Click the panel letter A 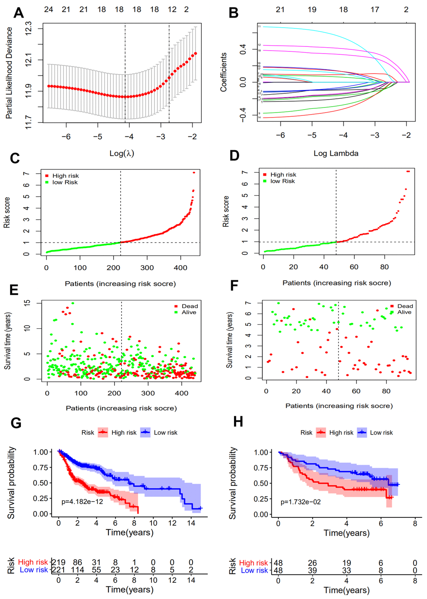coord(18,13)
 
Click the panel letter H coord(238,421)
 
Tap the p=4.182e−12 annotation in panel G coord(82,501)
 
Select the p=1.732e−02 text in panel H coord(301,502)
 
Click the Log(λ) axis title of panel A coord(122,153)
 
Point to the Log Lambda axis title coord(336,153)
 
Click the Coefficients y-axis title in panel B coord(224,72)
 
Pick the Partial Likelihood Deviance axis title coord(9,73)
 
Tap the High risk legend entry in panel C coord(65,176)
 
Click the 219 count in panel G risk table coord(59,563)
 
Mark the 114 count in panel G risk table coord(77,570)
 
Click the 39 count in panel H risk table coord(312,570)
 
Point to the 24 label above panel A coord(49,9)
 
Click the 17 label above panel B coord(375,9)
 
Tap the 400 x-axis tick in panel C coord(180,268)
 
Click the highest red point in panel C coord(194,172)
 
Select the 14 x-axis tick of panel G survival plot coord(191,523)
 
